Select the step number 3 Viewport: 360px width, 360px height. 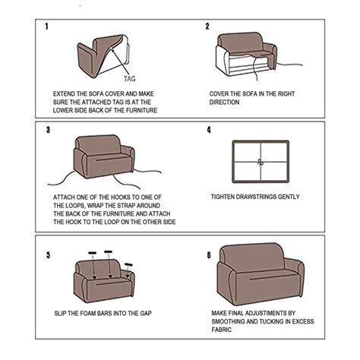(x=47, y=130)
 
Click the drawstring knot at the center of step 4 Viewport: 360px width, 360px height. (x=260, y=161)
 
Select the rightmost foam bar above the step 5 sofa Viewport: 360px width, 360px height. (x=128, y=265)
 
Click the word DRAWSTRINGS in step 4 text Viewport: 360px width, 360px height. (x=264, y=197)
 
